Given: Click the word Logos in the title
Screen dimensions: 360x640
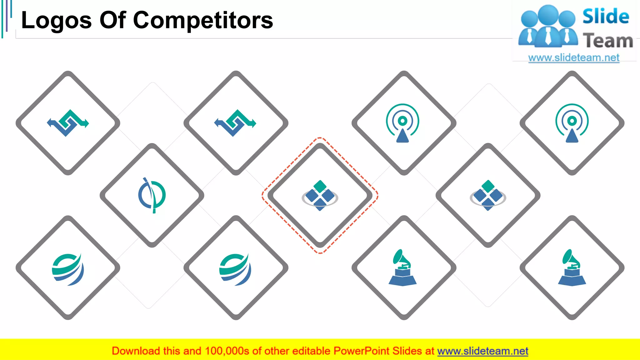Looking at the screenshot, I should (56, 21).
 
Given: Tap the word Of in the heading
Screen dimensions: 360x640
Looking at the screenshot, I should (112, 20).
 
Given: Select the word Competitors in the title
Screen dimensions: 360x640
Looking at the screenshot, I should (203, 20).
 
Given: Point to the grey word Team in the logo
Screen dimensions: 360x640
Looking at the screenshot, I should (608, 41).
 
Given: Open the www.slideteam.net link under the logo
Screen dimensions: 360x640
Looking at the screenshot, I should (574, 58).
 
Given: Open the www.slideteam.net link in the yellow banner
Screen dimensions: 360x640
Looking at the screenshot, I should (482, 351).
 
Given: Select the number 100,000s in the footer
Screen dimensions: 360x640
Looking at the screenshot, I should (227, 351).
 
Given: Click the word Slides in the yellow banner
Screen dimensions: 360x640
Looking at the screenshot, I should (407, 351).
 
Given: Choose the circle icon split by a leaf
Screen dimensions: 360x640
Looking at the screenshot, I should (152, 195).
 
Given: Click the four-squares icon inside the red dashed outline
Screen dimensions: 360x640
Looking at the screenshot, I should (320, 196).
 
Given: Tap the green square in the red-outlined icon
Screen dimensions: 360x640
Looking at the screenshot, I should (320, 186).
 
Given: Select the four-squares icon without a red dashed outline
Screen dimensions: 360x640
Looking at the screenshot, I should (488, 196).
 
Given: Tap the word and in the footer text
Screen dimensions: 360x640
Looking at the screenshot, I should (192, 351).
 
